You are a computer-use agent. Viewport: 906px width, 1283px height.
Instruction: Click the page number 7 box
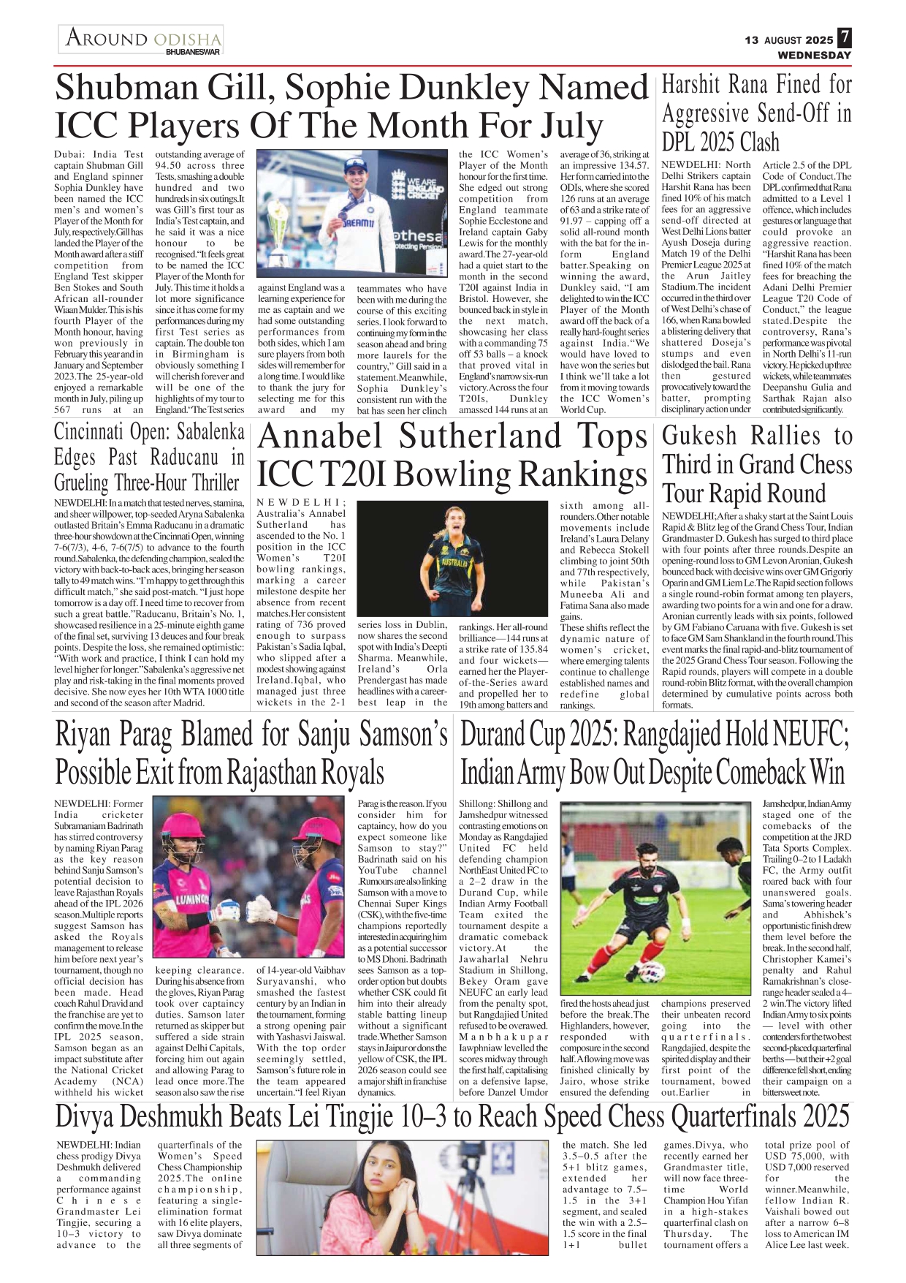(844, 38)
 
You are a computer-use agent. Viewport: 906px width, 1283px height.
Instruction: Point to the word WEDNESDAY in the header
(814, 55)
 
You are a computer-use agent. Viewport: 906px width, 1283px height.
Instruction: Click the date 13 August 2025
(788, 40)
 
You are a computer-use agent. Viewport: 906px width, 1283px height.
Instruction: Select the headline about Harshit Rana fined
(756, 113)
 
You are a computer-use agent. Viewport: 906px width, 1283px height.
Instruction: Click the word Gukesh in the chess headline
(699, 436)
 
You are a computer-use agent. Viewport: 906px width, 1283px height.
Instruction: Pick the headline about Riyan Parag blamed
(251, 753)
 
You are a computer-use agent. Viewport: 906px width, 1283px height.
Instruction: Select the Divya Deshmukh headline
(452, 1116)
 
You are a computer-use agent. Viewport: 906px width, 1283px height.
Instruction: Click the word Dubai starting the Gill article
(69, 154)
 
